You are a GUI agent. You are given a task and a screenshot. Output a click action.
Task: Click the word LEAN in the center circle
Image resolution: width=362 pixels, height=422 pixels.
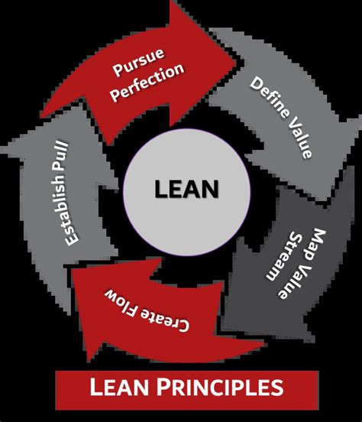[186, 189]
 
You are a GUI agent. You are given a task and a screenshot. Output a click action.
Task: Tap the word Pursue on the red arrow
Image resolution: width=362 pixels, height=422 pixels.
[138, 62]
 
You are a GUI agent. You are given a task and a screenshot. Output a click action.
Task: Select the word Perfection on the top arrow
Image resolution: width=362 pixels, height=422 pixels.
[148, 83]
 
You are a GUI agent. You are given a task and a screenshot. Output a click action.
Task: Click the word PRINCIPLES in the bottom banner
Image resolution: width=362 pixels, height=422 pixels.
[220, 388]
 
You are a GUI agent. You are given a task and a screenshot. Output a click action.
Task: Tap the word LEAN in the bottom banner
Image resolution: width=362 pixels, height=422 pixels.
[119, 388]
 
